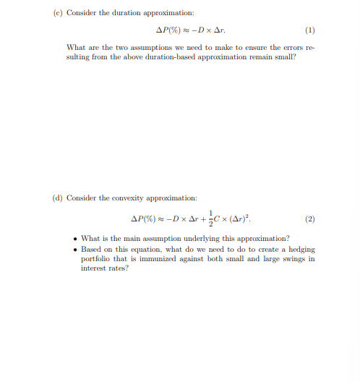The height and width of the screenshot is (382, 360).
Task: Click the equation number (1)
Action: (310, 30)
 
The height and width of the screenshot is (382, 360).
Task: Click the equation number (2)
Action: (310, 218)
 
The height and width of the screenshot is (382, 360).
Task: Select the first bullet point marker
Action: (76, 238)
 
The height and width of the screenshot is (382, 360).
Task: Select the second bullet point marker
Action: (76, 248)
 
